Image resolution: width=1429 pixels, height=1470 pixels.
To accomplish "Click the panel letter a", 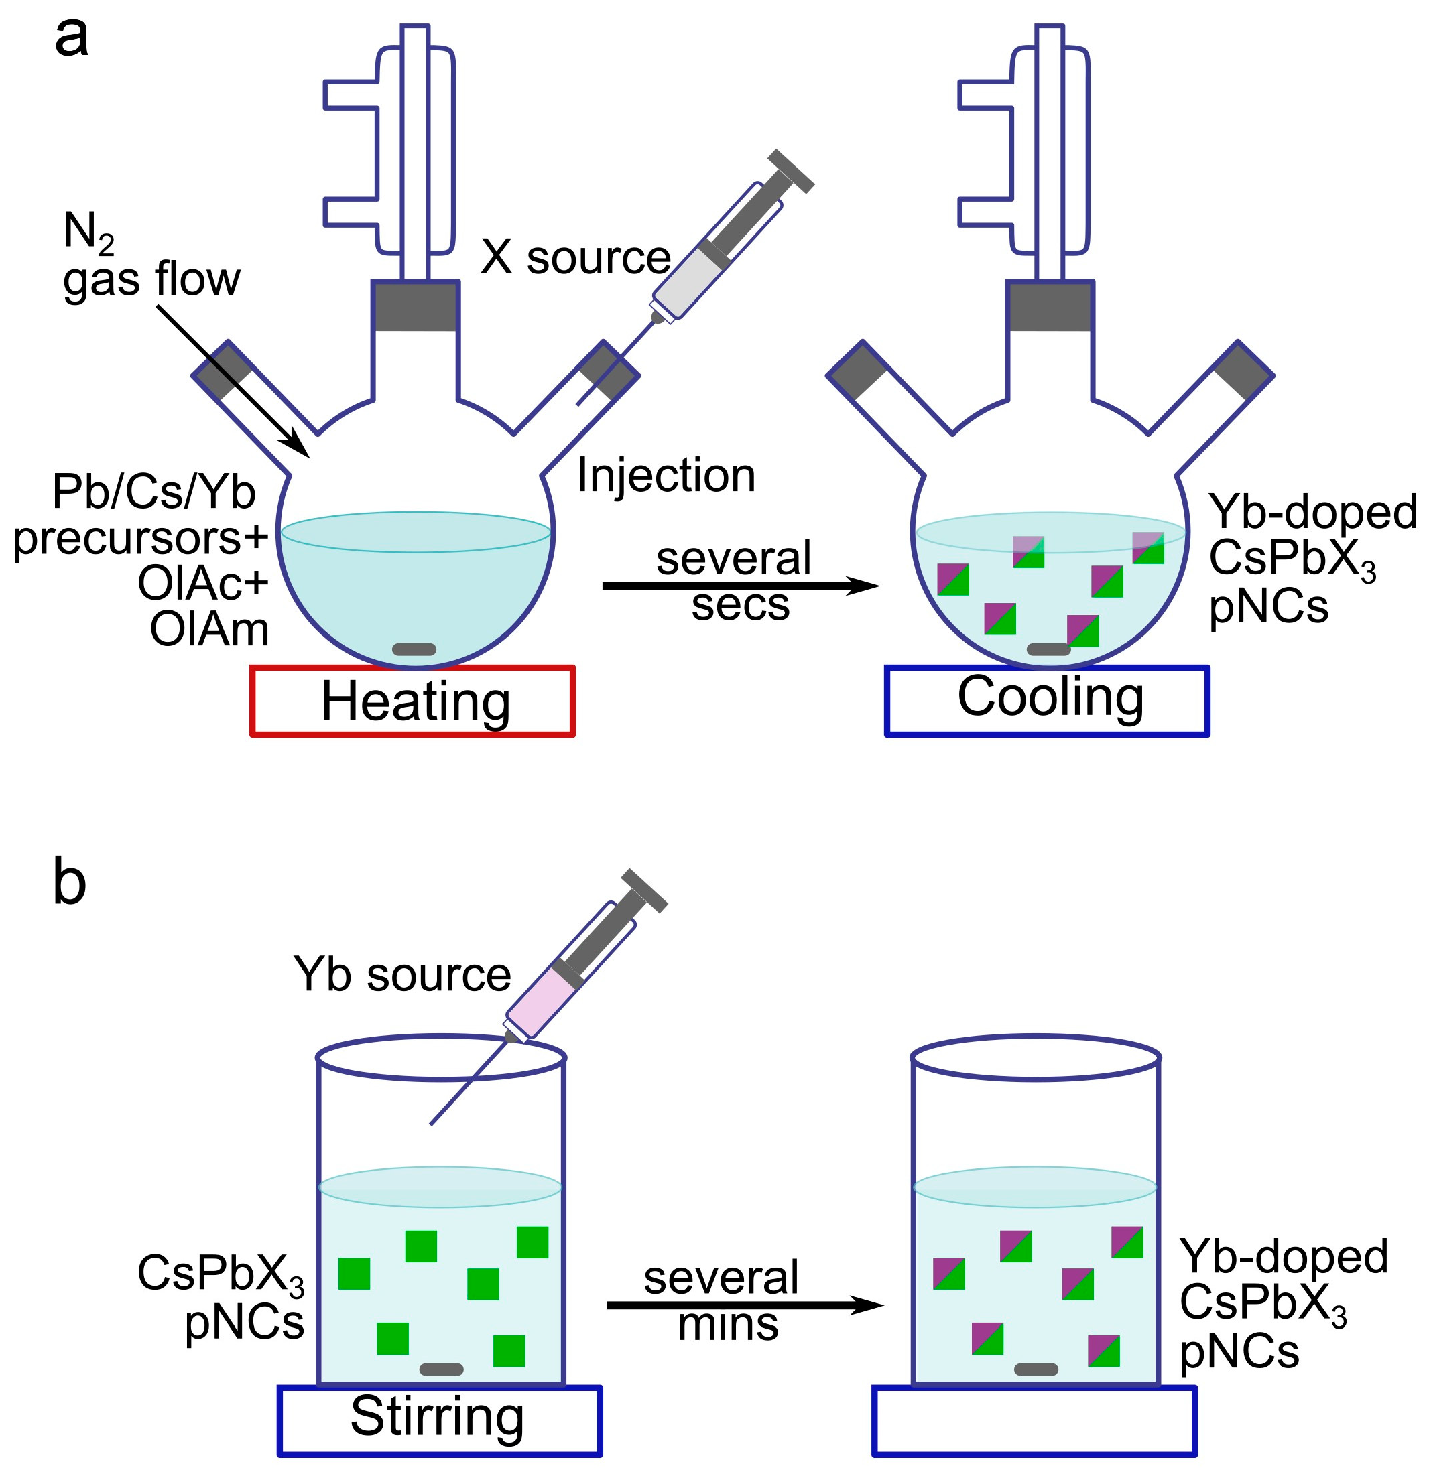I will click(x=71, y=38).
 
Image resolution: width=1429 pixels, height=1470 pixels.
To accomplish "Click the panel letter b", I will click(x=69, y=882).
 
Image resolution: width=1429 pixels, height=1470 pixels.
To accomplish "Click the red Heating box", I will click(x=413, y=701).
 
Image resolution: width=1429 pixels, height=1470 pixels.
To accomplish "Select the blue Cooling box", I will click(x=1048, y=701).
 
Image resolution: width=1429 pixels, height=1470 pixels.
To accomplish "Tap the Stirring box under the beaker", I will click(x=440, y=1420).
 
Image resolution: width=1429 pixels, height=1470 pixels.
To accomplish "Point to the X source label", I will click(x=576, y=257).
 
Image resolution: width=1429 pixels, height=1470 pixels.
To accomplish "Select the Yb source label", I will click(x=402, y=974).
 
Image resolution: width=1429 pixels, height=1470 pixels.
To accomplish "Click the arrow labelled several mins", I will click(x=743, y=1307).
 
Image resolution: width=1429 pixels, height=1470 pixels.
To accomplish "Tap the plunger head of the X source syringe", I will click(x=791, y=171).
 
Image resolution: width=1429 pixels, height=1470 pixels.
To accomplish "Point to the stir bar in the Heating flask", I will click(x=414, y=649).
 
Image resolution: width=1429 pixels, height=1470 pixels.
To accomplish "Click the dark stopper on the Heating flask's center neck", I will click(x=415, y=306).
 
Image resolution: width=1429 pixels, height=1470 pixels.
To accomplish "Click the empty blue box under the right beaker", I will click(x=1035, y=1420).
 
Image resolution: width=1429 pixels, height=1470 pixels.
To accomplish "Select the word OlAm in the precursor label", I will click(x=209, y=629).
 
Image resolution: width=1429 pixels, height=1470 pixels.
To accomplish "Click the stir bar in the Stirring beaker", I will click(x=441, y=1369).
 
